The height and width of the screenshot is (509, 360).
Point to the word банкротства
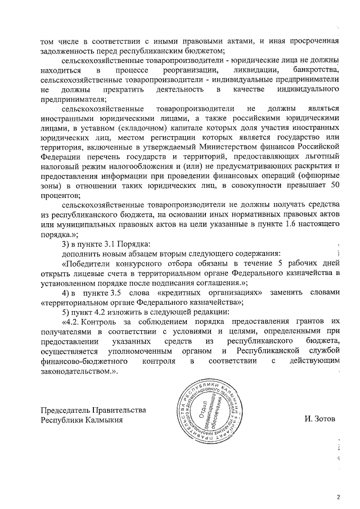click(317, 70)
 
